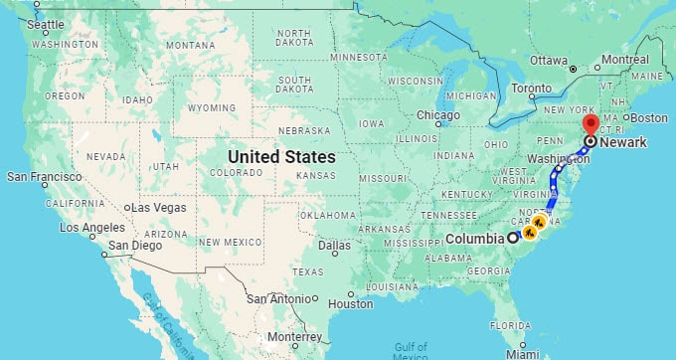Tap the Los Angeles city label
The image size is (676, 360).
coord(91,227)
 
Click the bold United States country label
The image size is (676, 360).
coord(281,157)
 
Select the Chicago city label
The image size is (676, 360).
coord(437,115)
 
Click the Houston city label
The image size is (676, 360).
coord(350,303)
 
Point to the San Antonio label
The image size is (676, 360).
coord(277,298)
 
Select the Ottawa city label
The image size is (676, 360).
coord(548,60)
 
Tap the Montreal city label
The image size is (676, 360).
coord(624,60)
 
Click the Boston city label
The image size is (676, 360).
coord(649,117)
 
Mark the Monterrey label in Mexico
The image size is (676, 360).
coord(294,337)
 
